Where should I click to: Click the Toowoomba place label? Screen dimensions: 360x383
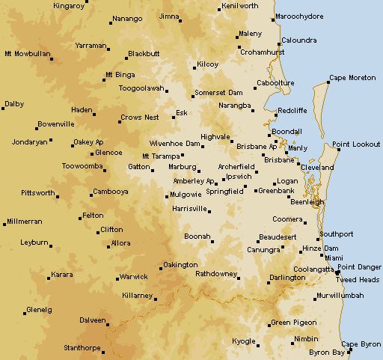tap(82, 166)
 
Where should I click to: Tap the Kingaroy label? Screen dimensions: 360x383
tap(70, 5)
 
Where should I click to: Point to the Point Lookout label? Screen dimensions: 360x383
tap(357, 144)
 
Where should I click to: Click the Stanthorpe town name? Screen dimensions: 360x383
tap(82, 348)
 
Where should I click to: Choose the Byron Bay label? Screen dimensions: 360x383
tap(327, 352)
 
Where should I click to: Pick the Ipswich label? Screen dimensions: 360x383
tap(239, 177)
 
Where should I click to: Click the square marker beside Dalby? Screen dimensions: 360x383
tap(3, 108)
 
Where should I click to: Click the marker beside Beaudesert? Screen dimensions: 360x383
tap(253, 241)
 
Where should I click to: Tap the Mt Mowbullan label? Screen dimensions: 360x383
tap(27, 54)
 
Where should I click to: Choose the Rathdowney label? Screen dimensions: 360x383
tap(216, 274)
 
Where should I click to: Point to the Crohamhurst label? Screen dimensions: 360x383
tap(263, 52)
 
